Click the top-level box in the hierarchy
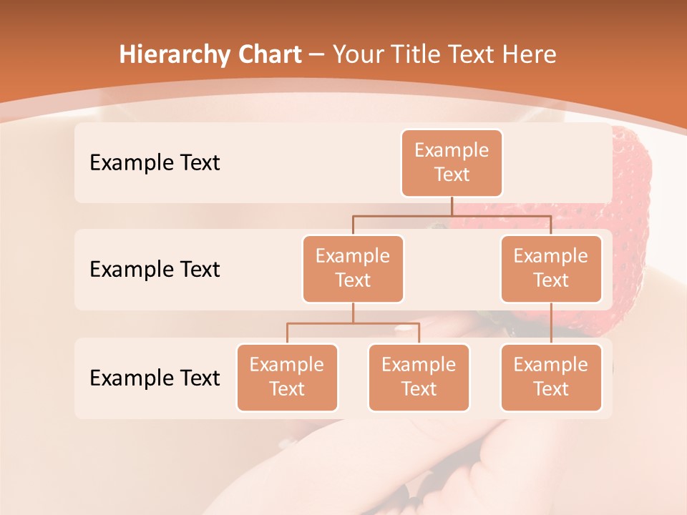tap(452, 162)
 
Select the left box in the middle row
tap(353, 268)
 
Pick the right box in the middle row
tap(551, 268)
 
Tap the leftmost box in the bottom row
tap(287, 377)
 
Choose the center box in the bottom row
tap(419, 377)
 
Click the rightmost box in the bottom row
tap(551, 377)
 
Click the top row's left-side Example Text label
tap(155, 163)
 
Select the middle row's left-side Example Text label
tap(155, 270)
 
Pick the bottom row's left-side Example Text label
tap(155, 378)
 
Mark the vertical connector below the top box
tap(452, 206)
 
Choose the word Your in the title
tap(356, 54)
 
